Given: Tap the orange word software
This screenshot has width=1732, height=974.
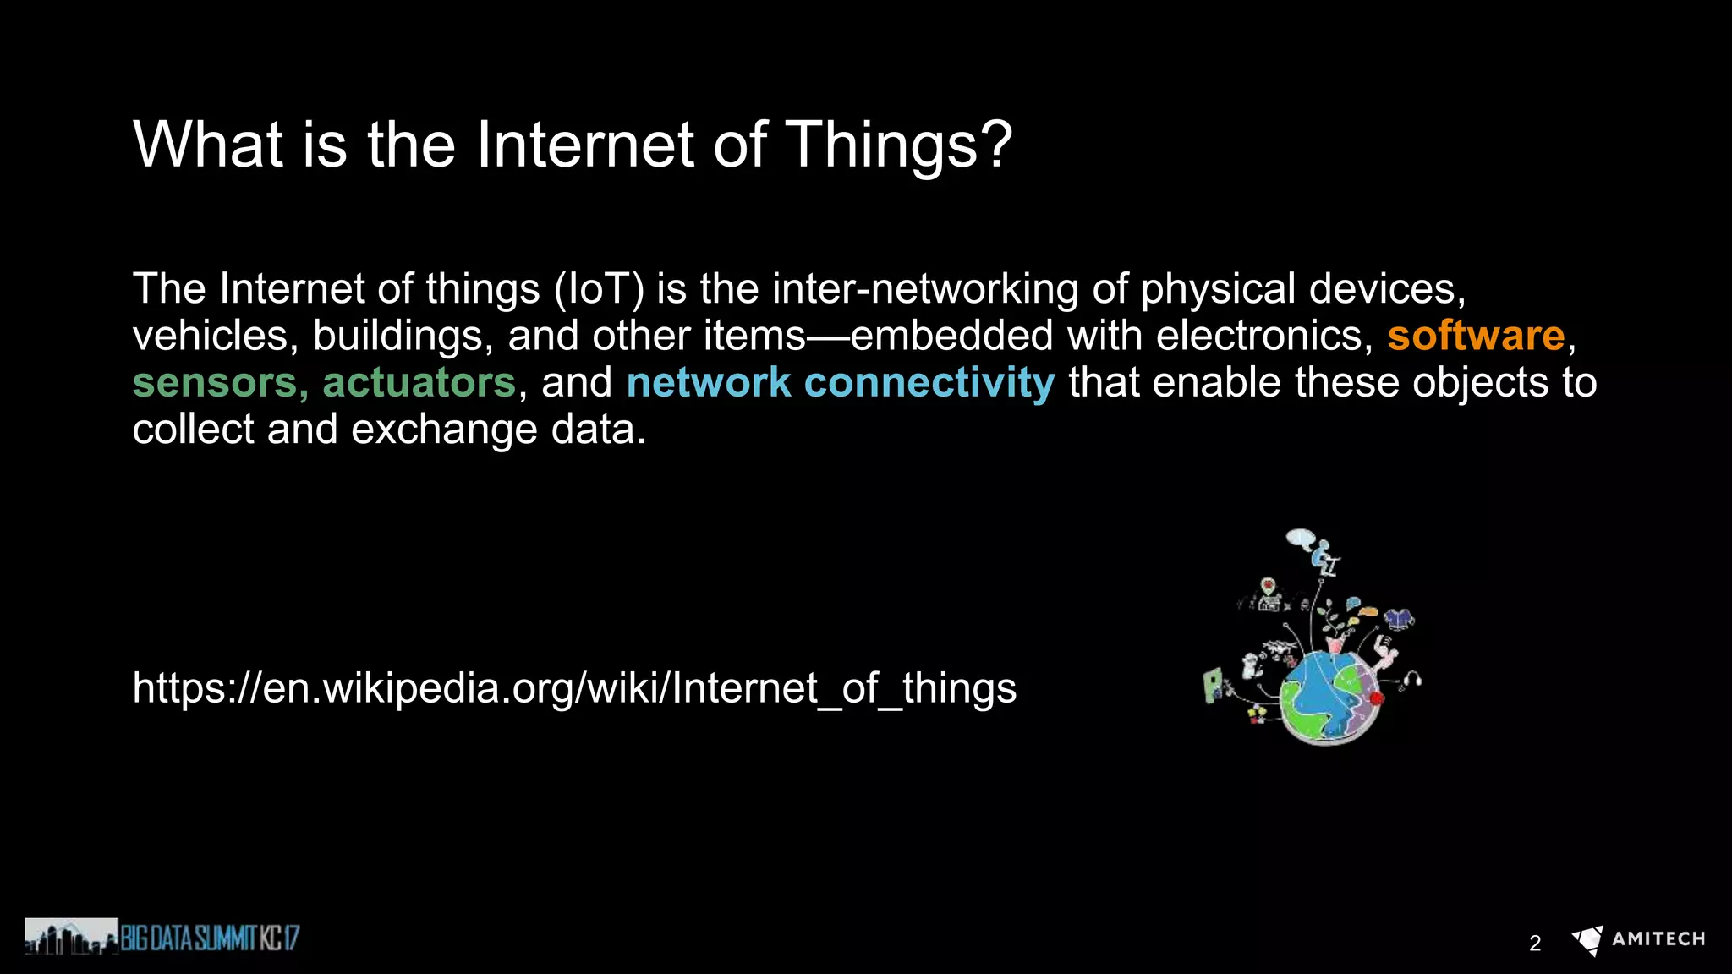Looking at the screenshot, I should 1476,336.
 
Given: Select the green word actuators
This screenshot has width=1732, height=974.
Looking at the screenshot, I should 419,382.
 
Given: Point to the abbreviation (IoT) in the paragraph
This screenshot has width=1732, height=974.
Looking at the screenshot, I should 599,289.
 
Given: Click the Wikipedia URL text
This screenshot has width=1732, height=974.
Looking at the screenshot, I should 574,687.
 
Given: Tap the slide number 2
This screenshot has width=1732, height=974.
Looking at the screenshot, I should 1535,943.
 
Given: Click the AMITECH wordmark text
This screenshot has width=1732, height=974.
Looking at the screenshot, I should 1658,939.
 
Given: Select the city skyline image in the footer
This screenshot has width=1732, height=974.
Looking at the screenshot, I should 71,937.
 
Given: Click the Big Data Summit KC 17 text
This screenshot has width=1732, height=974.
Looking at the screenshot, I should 210,938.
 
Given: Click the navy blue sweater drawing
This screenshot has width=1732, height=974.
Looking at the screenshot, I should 1400,619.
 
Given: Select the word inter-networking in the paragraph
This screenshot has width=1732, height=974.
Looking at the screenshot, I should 925,289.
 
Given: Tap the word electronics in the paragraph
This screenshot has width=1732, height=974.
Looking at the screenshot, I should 1264,336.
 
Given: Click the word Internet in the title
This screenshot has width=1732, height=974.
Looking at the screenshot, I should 585,145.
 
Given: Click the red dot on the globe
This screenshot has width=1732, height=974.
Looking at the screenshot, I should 1376,698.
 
